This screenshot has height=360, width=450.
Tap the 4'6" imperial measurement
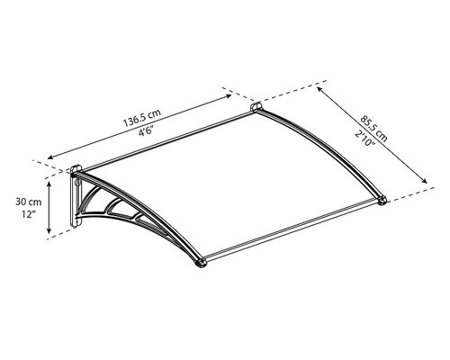pyautogui.click(x=146, y=131)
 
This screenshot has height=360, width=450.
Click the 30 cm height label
pyautogui.click(x=29, y=202)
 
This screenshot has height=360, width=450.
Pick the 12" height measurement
pyautogui.click(x=29, y=214)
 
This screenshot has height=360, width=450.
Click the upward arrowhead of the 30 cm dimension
pyautogui.click(x=49, y=184)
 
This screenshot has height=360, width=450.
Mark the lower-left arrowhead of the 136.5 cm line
pyautogui.click(x=50, y=157)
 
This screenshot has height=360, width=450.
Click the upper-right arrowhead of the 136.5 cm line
pyautogui.click(x=229, y=96)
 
